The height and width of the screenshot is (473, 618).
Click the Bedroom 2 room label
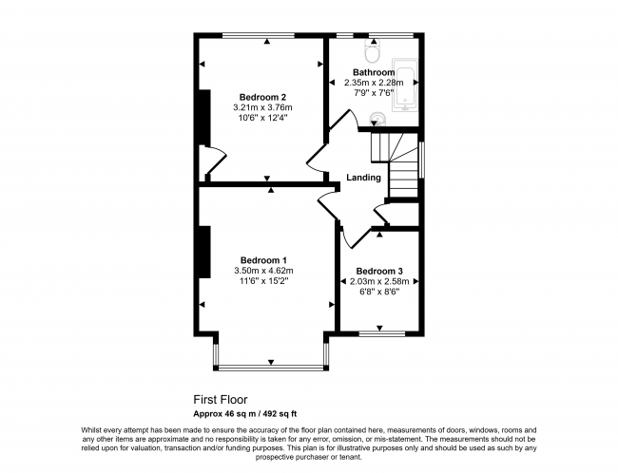tap(263, 97)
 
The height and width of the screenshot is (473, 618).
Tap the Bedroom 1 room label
tap(263, 260)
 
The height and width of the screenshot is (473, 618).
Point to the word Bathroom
tap(374, 72)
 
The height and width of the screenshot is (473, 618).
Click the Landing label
tap(363, 178)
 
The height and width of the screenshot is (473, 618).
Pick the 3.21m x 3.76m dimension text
tap(263, 107)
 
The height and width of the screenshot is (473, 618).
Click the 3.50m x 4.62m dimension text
tap(263, 271)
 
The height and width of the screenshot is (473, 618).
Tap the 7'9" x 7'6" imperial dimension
tap(374, 93)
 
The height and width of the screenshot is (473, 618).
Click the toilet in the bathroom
tap(372, 44)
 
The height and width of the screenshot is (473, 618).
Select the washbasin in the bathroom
tap(378, 120)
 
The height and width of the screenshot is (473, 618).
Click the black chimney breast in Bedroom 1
tap(203, 249)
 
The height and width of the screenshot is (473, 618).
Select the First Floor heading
tap(220, 400)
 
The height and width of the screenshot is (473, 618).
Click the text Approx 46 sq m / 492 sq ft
tap(245, 413)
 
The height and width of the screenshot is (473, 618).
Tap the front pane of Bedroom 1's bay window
tap(271, 367)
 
